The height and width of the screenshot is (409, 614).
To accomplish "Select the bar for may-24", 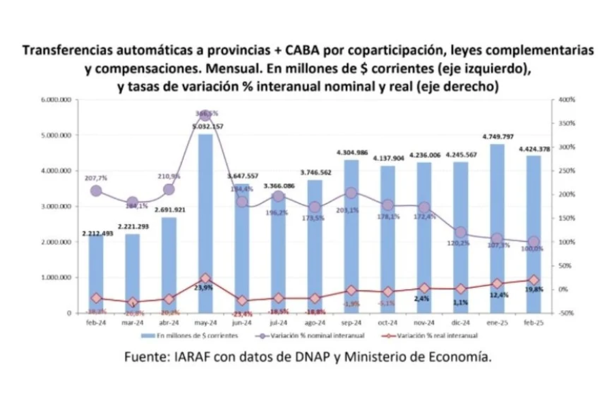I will pos(205,225).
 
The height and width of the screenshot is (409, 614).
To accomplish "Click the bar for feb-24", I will pos(96,273).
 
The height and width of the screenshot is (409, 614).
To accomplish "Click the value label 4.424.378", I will pos(533,148).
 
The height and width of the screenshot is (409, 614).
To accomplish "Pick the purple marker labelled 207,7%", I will pos(96,192).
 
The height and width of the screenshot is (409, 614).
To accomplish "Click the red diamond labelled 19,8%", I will pos(533,279).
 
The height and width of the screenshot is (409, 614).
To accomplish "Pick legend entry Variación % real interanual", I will pos(437,335).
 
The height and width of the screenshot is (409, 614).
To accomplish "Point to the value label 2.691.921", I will pos(169,211).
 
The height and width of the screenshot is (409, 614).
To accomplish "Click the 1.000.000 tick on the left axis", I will pos(57,277).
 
